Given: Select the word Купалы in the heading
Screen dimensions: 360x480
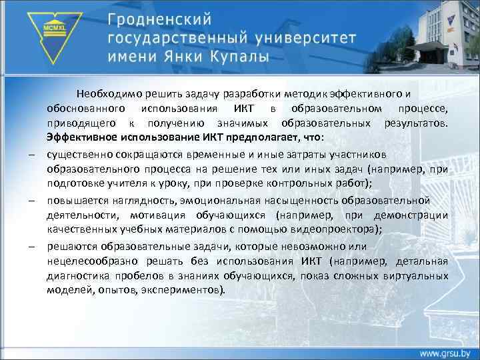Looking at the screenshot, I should [x=234, y=56].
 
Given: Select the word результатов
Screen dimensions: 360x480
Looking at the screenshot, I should [x=416, y=123].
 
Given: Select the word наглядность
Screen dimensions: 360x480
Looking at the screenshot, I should [x=140, y=200].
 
